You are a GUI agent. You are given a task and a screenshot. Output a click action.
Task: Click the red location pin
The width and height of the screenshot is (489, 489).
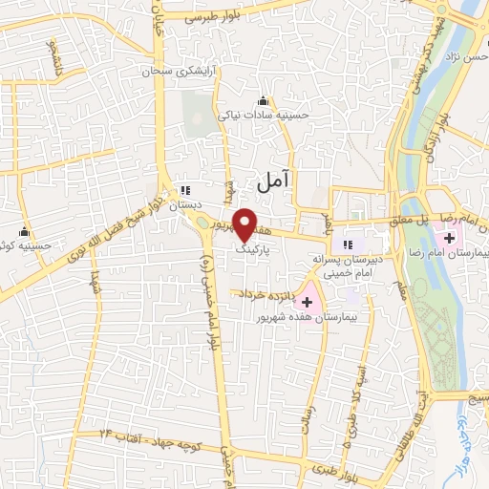click(244, 223)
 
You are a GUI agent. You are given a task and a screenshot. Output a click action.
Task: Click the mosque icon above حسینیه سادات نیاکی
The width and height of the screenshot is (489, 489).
click(264, 101)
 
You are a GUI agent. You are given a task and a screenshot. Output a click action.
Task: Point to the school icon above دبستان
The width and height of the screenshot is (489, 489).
click(186, 189)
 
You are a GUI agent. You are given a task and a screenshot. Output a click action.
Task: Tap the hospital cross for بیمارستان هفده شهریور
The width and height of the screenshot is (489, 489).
click(308, 302)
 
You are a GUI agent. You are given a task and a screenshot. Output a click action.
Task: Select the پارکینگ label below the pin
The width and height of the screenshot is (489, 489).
click(256, 245)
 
